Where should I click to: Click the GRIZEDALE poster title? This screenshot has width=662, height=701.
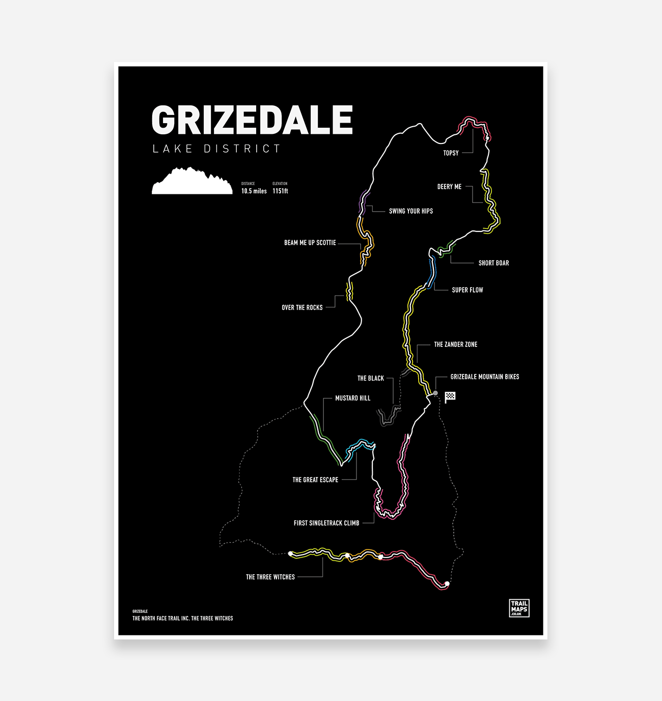[252, 120]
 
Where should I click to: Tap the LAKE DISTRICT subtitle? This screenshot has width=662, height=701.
[216, 149]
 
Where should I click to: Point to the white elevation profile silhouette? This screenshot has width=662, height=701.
[192, 182]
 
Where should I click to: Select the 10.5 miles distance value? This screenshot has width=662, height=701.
[254, 191]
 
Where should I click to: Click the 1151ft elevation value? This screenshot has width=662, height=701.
[280, 191]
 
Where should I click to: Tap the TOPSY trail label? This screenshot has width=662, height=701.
[451, 153]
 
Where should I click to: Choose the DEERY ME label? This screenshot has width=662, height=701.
[449, 187]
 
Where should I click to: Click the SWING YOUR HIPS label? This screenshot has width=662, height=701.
[411, 211]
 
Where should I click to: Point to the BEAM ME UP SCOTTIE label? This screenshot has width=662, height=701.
[310, 243]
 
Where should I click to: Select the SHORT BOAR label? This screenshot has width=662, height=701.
[493, 263]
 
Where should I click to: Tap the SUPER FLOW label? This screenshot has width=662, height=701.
[467, 290]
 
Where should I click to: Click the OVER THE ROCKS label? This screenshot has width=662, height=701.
[302, 308]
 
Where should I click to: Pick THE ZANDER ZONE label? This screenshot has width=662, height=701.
[456, 344]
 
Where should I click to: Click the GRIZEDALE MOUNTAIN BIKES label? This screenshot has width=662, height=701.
[485, 377]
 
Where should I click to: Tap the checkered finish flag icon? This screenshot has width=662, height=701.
[450, 397]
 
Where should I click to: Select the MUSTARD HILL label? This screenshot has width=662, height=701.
[352, 398]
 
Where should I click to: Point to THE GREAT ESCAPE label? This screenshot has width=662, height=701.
[315, 480]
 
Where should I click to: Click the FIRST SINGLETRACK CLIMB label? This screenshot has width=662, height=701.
[326, 523]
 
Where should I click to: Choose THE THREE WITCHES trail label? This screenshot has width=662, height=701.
[270, 577]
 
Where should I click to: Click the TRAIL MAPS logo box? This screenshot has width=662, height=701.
[519, 608]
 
